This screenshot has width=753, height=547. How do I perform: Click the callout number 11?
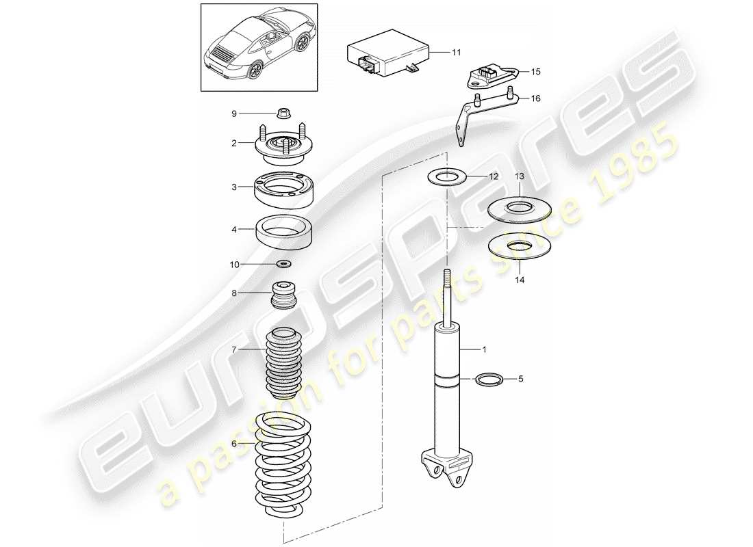(x=457, y=52)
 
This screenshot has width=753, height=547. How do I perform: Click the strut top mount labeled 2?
(x=284, y=144)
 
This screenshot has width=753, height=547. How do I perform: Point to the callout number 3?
(x=233, y=187)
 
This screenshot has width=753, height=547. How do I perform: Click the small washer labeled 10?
(x=284, y=263)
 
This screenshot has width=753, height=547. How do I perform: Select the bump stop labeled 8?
(x=283, y=295)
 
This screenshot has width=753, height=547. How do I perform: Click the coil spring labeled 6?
(x=283, y=468)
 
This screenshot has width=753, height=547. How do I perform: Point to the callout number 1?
(x=484, y=350)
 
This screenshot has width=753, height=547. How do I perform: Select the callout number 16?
(x=535, y=99)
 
